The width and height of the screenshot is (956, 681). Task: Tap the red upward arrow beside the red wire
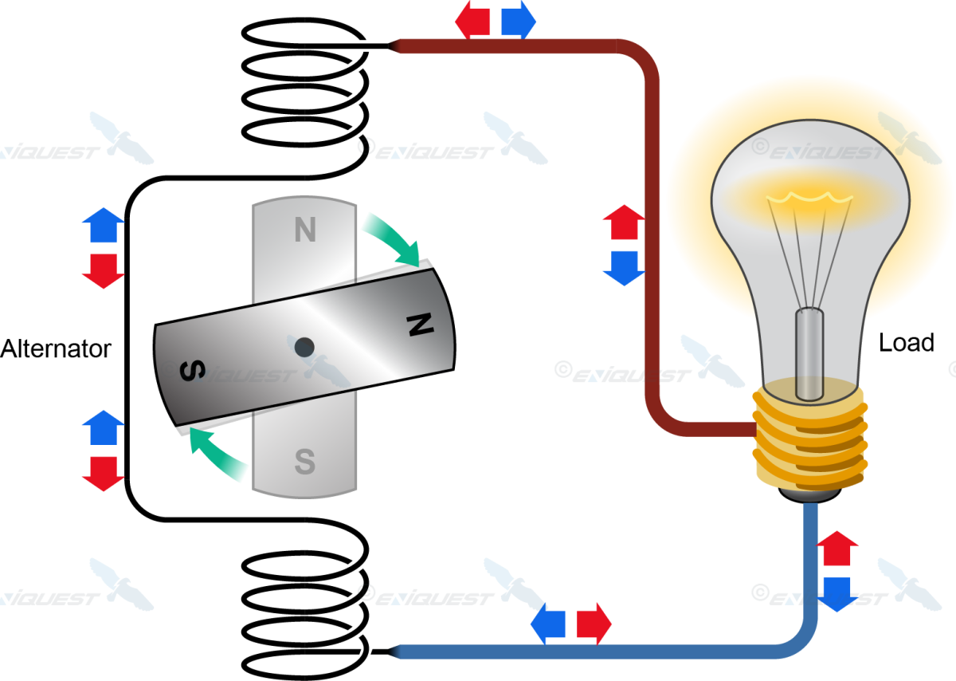coord(624,222)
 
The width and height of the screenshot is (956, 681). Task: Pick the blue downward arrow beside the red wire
coord(624,268)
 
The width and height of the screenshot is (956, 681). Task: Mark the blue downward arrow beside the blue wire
coord(838,594)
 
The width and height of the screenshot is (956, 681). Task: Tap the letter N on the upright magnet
coord(305,231)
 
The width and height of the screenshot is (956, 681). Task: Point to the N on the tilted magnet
coord(419,324)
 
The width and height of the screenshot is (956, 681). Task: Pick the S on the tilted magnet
coord(192,372)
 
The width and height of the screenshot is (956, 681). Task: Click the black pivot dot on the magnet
coord(304,347)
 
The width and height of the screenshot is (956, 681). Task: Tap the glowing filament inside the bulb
coord(808,195)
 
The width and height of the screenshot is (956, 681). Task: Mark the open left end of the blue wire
coord(396,651)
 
